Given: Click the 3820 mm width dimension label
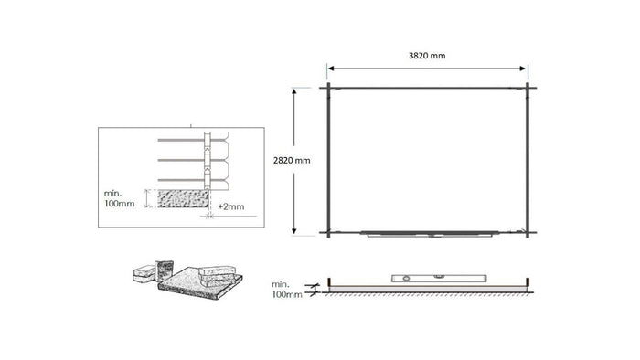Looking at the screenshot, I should pyautogui.click(x=427, y=56).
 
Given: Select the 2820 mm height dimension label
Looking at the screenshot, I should pyautogui.click(x=292, y=160).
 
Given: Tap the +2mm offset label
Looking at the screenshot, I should pyautogui.click(x=231, y=207).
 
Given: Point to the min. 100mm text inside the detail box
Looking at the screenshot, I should pyautogui.click(x=120, y=198).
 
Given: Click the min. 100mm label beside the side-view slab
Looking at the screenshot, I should pyautogui.click(x=287, y=291).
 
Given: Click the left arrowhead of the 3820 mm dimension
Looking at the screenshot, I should pyautogui.click(x=332, y=69).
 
